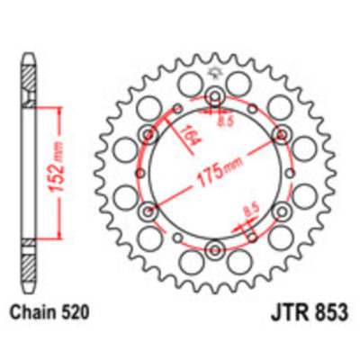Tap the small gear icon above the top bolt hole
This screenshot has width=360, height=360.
click(216, 72)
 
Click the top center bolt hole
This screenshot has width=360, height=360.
click(216, 97)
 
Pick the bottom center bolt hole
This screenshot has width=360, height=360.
click(216, 249)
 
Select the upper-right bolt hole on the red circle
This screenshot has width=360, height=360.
click(283, 135)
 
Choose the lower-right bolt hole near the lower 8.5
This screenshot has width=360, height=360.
click(283, 211)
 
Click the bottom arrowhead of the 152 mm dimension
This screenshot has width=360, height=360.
click(59, 238)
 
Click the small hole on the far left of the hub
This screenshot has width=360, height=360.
click(140, 174)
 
